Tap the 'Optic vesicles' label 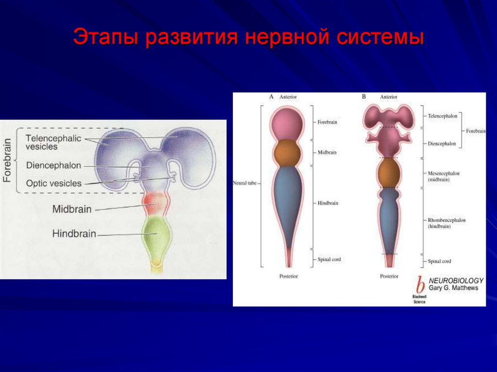coord(53,183)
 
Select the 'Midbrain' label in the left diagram coord(71,209)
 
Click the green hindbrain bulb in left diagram coord(156,235)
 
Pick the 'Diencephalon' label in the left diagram coord(53,165)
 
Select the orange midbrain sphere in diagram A coord(288,152)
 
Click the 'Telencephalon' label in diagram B coord(443,116)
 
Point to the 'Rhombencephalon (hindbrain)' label coord(447,223)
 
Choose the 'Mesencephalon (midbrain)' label coord(444,176)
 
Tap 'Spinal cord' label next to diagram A coord(330,259)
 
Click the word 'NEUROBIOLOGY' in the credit coord(456,280)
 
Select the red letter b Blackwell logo coord(420,285)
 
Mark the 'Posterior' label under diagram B coord(389,276)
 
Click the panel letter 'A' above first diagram coord(271,97)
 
